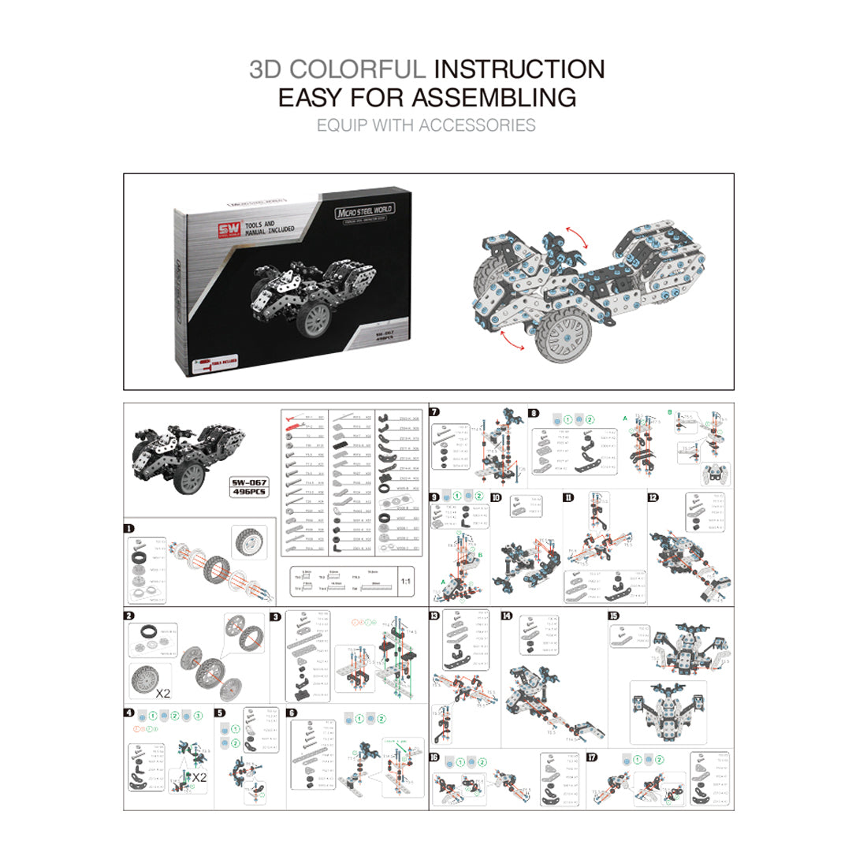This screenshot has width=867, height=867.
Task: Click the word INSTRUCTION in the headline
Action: pos(519,69)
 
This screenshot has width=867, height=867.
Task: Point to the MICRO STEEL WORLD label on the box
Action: pos(364,211)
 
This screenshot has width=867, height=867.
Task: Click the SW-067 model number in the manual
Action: pos(249,482)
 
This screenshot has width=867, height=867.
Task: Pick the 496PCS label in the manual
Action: pos(249,492)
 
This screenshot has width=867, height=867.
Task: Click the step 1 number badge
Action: pos(129,530)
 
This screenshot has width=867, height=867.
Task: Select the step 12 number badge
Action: pos(653,497)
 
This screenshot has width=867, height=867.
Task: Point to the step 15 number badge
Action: pos(613,616)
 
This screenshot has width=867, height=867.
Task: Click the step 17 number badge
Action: pos(592,757)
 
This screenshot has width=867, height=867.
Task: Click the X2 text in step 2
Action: pos(163,694)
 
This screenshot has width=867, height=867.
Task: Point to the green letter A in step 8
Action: pos(625,418)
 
